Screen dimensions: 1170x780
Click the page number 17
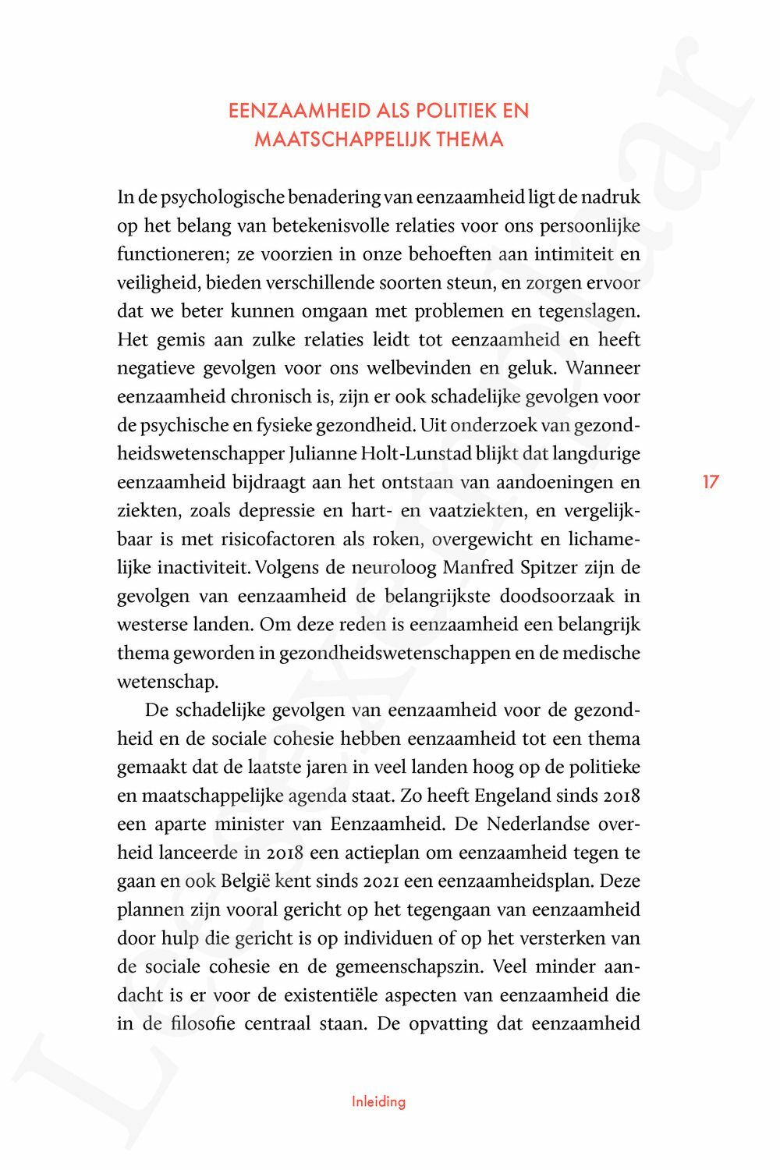tap(710, 481)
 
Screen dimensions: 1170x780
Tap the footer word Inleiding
tap(378, 1101)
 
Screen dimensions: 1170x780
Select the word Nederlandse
tap(534, 824)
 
